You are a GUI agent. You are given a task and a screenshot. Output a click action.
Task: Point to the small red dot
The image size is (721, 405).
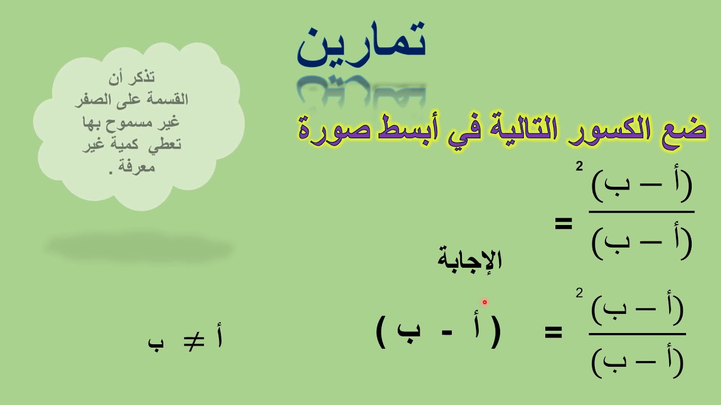pyautogui.click(x=484, y=302)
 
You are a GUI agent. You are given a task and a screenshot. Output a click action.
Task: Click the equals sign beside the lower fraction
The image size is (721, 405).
pyautogui.click(x=553, y=333)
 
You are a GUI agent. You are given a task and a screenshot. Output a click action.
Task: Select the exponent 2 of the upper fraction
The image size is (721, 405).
pyautogui.click(x=579, y=167)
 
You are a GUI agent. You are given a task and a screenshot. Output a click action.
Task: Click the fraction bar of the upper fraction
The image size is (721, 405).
pyautogui.click(x=642, y=212)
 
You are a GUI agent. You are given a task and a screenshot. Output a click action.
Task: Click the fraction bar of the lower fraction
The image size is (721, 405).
pyautogui.click(x=637, y=334)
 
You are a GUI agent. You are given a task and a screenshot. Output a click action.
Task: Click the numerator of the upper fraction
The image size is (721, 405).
pyautogui.click(x=642, y=188)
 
